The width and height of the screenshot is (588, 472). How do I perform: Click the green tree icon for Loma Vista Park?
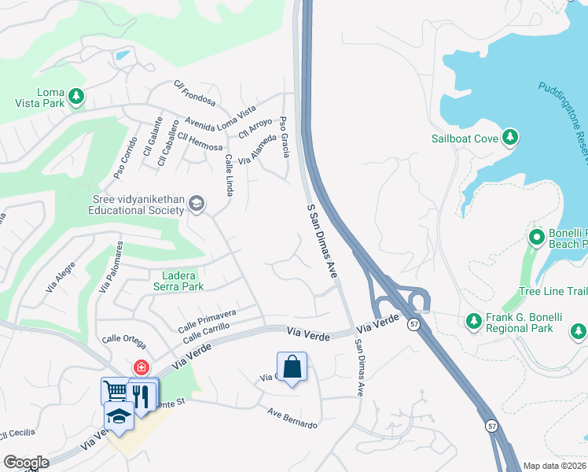pos(76,96)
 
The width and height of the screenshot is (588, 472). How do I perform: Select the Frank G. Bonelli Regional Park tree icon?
pos(473,321)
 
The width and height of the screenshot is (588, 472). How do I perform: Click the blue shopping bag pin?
pos(292,367)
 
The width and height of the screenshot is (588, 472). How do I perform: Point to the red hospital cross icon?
pos(141,367)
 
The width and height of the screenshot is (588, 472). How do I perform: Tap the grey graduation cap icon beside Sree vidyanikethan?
pos(196,205)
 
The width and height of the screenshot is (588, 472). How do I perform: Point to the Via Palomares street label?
pos(110,267)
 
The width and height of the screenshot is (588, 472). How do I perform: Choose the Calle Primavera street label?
pos(207,319)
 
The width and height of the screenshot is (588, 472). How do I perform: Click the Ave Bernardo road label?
pos(292,419)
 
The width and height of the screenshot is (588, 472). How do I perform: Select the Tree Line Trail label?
pos(553,292)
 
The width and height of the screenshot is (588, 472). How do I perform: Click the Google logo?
pos(26,463)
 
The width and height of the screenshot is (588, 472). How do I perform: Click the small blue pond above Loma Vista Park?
pos(122,56)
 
